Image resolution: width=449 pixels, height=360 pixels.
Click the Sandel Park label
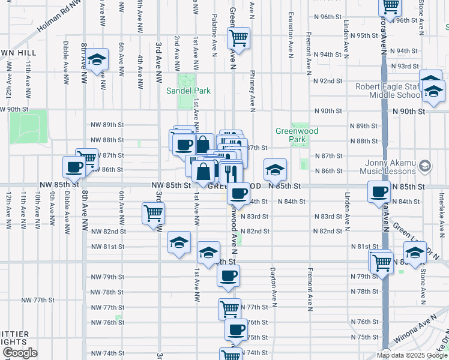(x=188, y=91)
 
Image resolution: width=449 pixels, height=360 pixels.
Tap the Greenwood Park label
(x=297, y=135)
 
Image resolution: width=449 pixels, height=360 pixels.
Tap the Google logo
(x=19, y=353)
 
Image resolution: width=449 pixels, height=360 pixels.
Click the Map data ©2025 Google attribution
(x=412, y=355)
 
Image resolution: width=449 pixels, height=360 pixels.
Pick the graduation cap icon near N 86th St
(x=275, y=170)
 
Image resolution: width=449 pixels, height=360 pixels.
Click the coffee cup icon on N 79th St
(x=228, y=276)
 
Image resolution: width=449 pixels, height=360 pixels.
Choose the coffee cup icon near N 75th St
(x=237, y=329)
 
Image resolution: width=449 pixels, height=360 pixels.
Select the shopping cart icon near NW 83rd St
(x=154, y=212)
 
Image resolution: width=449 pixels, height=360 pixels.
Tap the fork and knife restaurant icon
(x=230, y=173)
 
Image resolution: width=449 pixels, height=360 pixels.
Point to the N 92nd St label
(x=327, y=80)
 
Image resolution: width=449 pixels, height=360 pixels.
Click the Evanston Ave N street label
(x=291, y=34)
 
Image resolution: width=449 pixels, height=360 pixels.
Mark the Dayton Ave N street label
(x=273, y=288)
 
